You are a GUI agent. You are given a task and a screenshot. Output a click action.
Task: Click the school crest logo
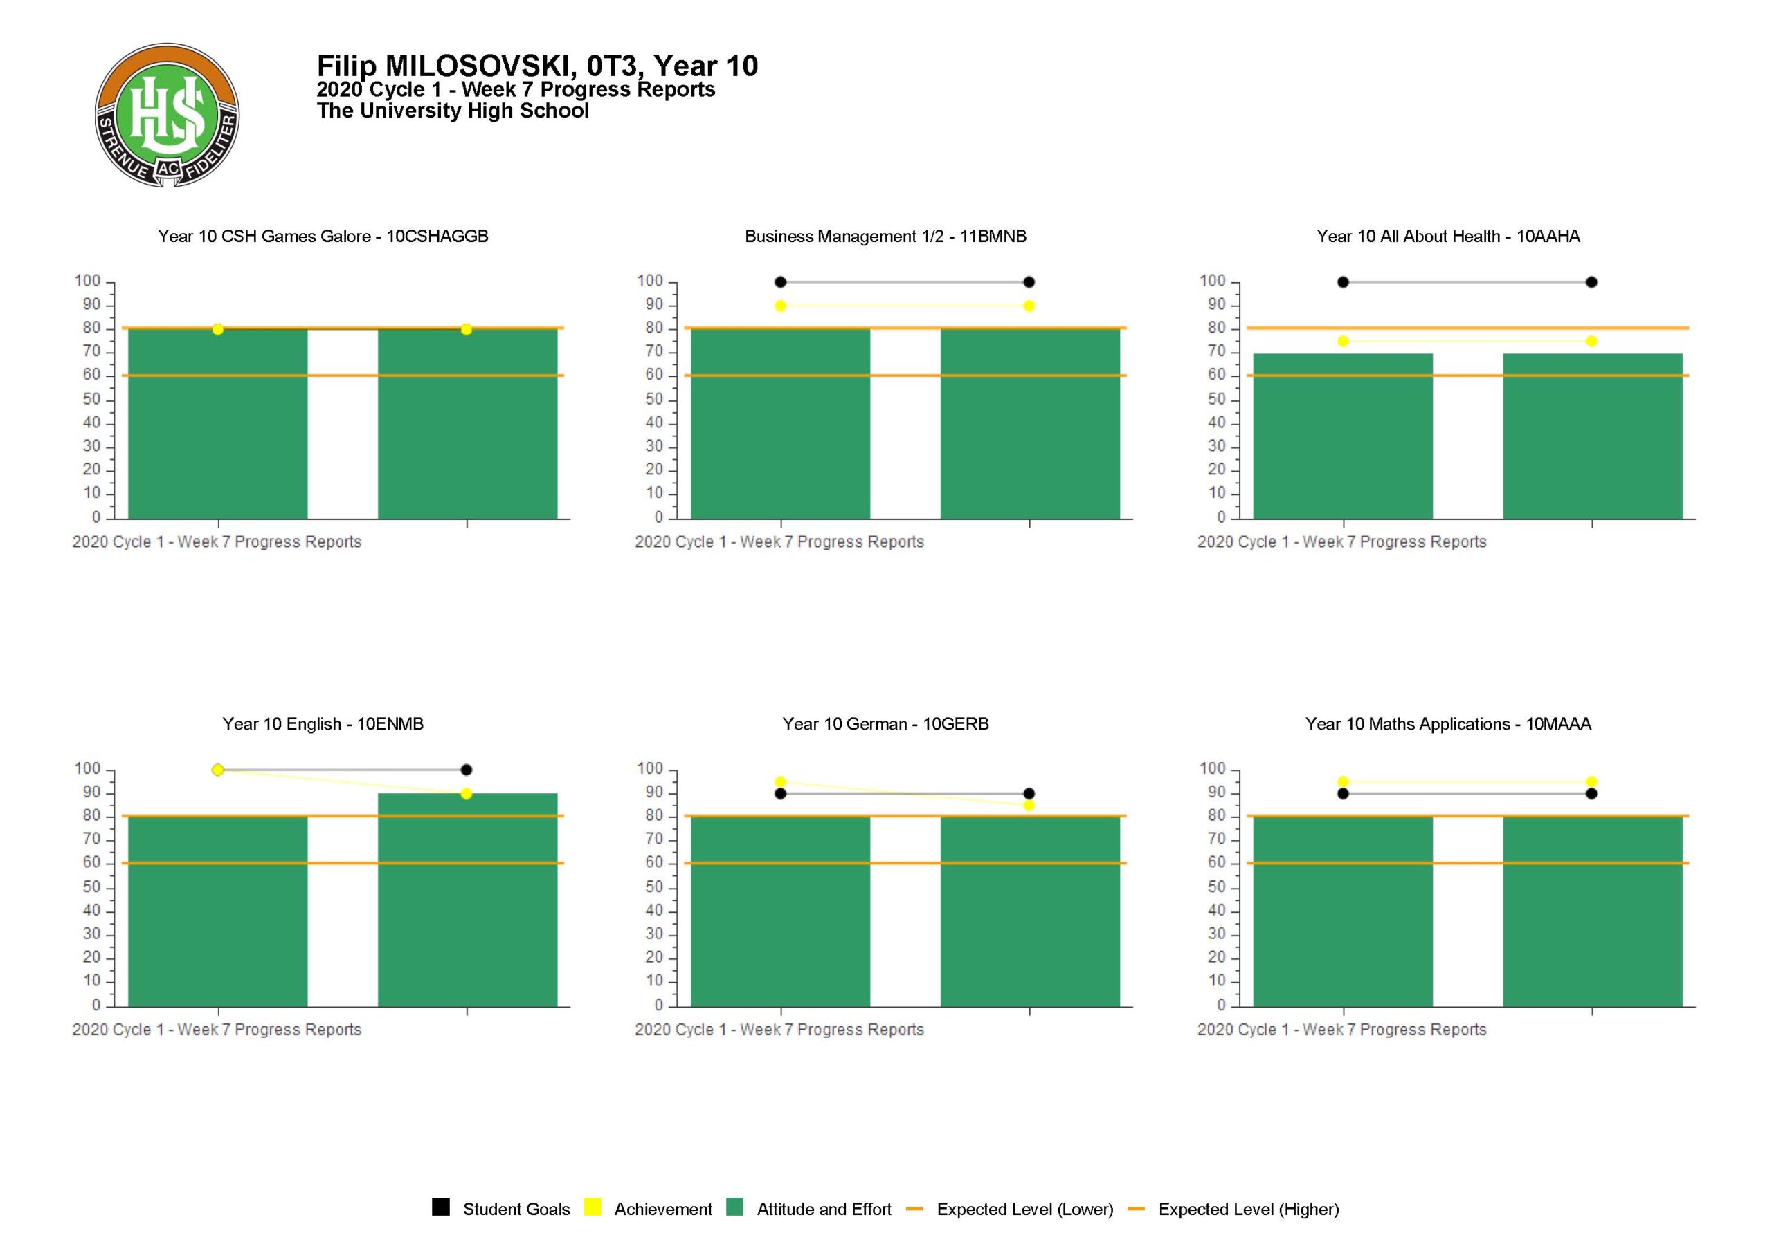167,115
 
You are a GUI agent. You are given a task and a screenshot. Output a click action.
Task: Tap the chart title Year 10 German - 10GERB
885,723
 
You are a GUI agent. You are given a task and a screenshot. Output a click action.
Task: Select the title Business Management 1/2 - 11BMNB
885,236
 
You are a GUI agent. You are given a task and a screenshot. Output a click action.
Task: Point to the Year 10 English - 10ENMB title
323,723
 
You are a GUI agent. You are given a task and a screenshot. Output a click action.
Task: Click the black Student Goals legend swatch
441,1207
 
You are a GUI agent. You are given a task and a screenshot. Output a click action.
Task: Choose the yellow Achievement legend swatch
592,1207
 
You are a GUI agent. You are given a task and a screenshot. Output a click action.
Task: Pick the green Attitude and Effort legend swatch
734,1207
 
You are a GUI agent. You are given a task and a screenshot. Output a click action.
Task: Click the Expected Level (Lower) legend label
1024,1209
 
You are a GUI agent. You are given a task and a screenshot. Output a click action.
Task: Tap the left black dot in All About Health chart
1343,282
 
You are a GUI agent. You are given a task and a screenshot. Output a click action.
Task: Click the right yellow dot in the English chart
466,794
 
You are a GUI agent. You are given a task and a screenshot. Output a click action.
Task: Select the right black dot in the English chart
466,770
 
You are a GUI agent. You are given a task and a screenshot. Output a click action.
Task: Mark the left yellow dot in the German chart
780,782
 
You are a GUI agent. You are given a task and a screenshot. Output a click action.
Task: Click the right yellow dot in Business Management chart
1029,306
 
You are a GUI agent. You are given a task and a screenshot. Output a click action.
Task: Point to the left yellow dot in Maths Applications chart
1343,782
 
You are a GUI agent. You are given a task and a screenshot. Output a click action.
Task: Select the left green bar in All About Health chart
1342,436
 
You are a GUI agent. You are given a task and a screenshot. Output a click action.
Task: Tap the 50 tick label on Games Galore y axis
92,399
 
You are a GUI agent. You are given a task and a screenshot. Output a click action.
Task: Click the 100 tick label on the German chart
650,768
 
